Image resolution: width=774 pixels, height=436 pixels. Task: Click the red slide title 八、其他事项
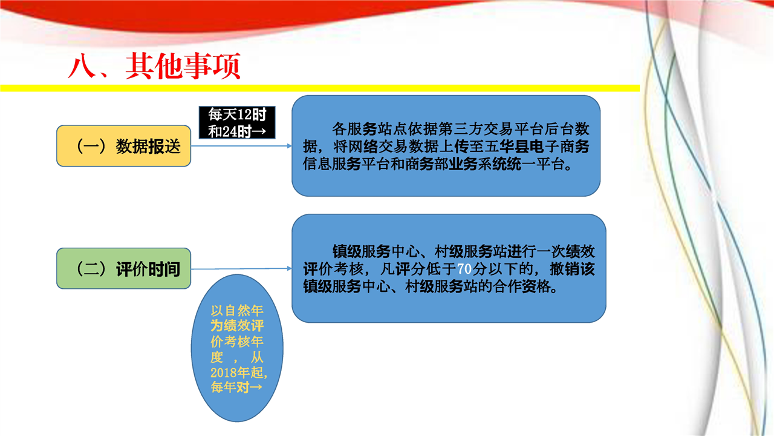coord(154,66)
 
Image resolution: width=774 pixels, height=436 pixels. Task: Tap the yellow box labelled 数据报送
coord(124,146)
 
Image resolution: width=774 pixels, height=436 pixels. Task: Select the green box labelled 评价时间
coord(124,268)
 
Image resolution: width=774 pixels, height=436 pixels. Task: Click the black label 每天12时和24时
coord(237,123)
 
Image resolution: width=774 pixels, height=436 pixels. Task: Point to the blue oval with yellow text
coord(237,348)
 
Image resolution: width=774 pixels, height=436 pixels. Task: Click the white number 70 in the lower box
coord(464,269)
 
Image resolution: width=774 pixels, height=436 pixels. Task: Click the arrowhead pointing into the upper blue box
coord(290,146)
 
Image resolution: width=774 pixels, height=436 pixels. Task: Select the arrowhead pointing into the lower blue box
coord(290,268)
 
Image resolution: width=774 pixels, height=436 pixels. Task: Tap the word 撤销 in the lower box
coord(565,269)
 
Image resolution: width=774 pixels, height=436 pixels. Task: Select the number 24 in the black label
coord(230,131)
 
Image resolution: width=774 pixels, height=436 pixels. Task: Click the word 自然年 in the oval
coord(244,311)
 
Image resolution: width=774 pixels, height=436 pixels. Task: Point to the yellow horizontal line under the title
coord(320,88)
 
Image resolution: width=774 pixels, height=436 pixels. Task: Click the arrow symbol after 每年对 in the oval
coord(256,387)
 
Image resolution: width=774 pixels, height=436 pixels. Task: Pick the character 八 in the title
coord(82,66)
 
